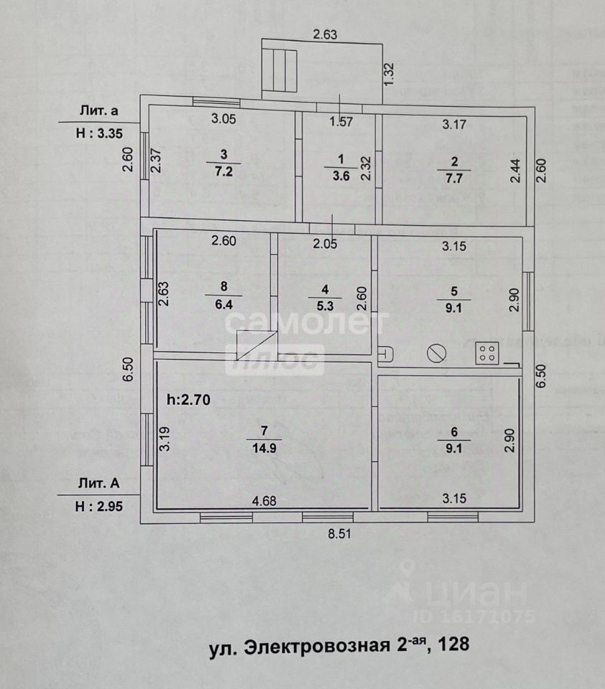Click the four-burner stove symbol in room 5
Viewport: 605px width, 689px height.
tap(487, 352)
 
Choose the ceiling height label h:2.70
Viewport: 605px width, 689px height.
tap(188, 400)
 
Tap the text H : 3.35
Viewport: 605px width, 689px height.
tap(100, 133)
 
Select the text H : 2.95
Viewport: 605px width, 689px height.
tap(100, 506)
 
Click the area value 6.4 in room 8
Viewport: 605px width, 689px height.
tap(223, 304)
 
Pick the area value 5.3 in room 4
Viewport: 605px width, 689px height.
tap(325, 304)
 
